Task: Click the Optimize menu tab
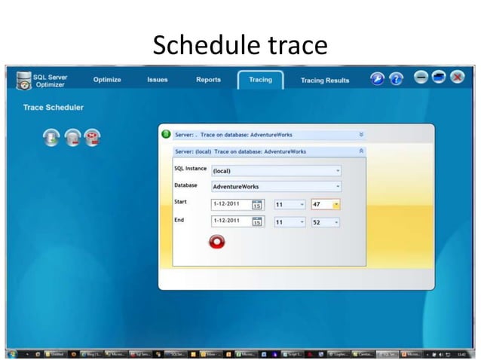107,80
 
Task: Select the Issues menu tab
158,80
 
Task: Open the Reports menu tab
208,80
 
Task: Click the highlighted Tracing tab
260,80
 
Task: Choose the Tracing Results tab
325,80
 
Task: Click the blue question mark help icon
396,78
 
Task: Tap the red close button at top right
458,78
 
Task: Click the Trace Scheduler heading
54,108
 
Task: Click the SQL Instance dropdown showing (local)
275,171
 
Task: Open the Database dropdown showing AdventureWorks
275,186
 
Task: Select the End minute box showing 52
325,222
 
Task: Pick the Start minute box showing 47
325,204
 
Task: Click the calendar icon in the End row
257,222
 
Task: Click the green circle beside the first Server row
167,135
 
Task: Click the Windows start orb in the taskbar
12,352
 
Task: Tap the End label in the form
179,220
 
